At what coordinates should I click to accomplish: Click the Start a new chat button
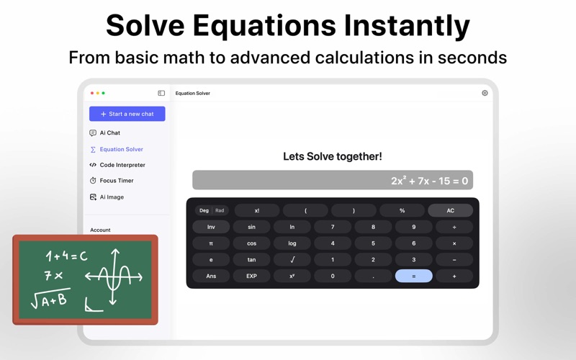click(127, 114)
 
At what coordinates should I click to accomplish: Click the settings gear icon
click(485, 93)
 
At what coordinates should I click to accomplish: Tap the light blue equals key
click(413, 276)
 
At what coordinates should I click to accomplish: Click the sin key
click(251, 227)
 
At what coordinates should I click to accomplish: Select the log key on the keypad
click(292, 243)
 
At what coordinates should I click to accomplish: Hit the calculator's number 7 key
click(333, 227)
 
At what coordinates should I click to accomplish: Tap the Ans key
click(211, 276)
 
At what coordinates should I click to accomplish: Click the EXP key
click(251, 276)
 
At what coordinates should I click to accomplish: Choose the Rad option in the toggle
click(220, 210)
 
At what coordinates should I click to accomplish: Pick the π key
click(211, 243)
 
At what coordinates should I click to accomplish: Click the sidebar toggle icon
click(161, 93)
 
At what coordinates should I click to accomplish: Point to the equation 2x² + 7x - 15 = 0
click(429, 181)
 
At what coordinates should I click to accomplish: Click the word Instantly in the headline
click(407, 26)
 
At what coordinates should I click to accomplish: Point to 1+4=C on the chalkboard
click(67, 256)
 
